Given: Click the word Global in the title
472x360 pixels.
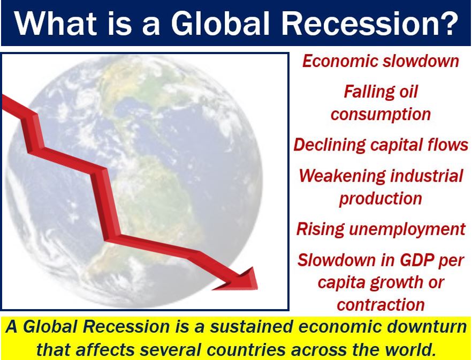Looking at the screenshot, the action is coord(220,23).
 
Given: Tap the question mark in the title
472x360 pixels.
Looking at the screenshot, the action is coord(447,23).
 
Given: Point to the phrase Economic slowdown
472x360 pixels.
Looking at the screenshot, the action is coord(380,61).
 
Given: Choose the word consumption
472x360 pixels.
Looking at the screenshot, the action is coord(380,115).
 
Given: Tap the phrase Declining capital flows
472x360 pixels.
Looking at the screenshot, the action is coord(381,145).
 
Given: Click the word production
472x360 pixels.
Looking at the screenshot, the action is coord(380,199).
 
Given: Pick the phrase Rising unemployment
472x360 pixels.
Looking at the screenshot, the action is coord(381,229).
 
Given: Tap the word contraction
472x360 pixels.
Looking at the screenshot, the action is coord(380,305).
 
